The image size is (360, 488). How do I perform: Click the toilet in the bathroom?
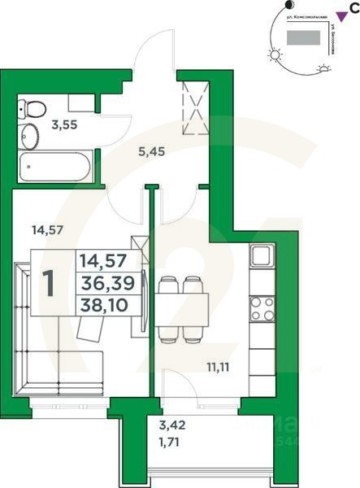tap(33, 107)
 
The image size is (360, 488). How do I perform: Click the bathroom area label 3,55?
tap(63, 125)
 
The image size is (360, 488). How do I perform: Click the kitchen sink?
tap(262, 256)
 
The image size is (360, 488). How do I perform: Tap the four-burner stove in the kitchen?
tap(262, 308)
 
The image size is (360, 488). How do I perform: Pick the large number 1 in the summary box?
tap(50, 283)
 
